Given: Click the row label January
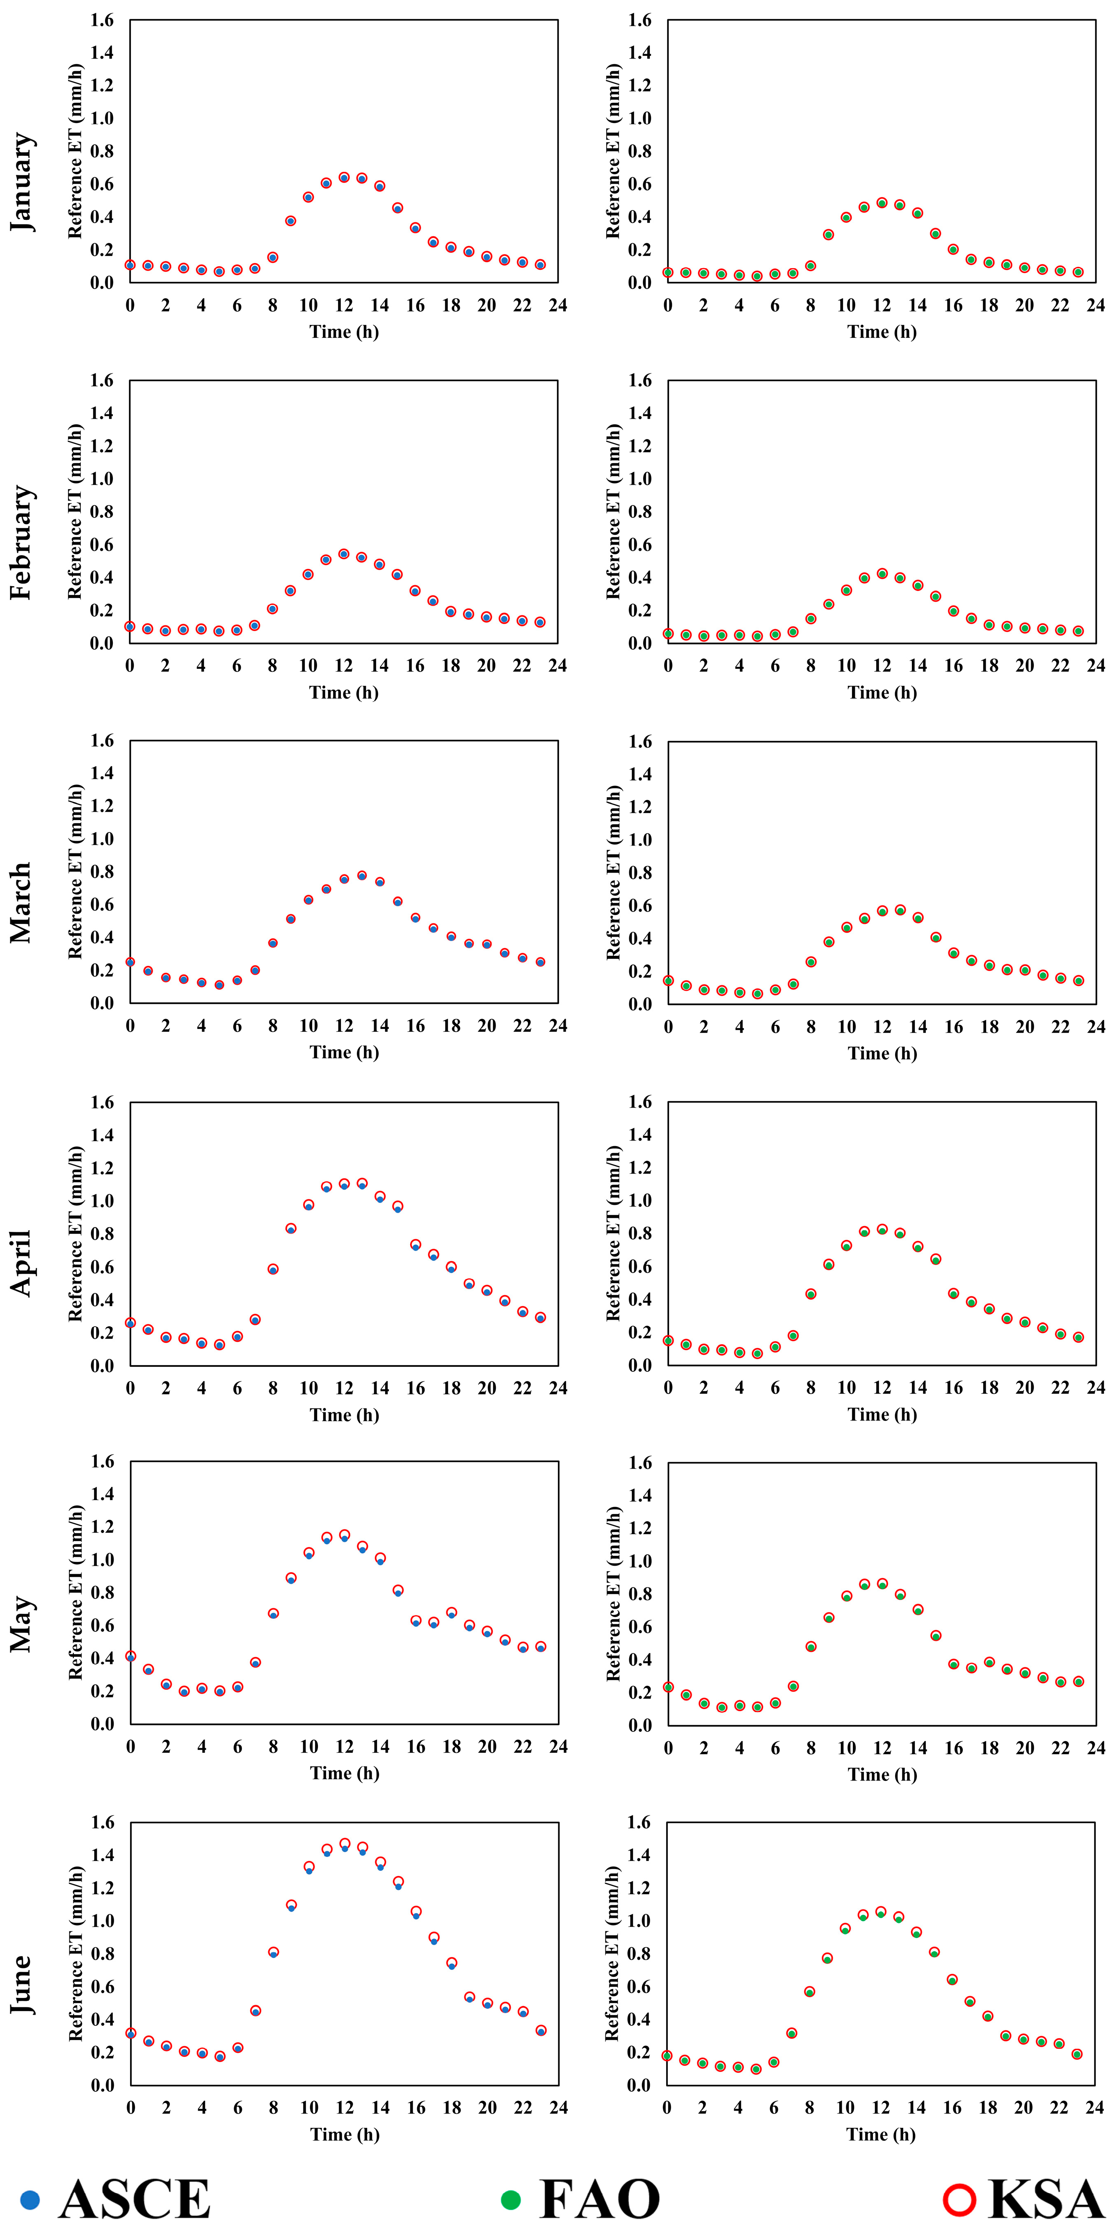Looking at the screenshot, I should click(x=23, y=182).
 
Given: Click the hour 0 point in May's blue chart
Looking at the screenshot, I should click(x=131, y=1656).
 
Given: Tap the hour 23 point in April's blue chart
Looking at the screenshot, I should click(x=540, y=1318).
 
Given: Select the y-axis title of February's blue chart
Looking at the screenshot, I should click(x=75, y=512).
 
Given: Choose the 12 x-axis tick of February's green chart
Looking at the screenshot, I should click(x=882, y=666).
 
